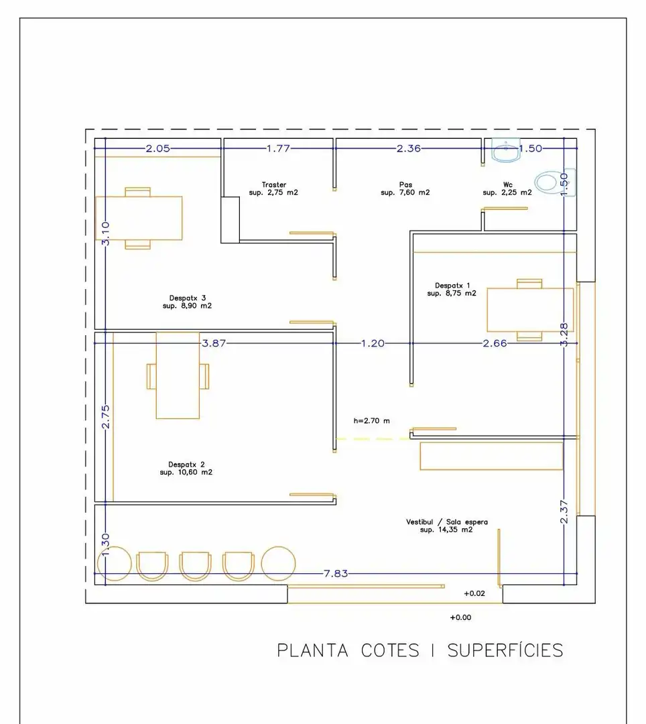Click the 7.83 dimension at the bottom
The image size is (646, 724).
pos(336,573)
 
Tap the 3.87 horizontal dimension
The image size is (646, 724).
pos(214,343)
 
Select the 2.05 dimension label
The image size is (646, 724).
pos(157,148)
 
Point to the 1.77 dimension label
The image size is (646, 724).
pos(278,148)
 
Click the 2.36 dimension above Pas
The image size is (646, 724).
pos(408,148)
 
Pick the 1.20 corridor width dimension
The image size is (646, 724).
pos(373,343)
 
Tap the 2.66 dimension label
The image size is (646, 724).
pos(495,343)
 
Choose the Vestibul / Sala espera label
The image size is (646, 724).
pos(447,526)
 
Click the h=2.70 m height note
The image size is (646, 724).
pos(371,420)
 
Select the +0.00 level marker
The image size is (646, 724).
pos(460,617)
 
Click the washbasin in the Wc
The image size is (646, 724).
pos(506,149)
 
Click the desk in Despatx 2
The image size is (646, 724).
pos(178,375)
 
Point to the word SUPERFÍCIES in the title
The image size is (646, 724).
pos(505,650)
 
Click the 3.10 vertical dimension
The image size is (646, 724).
pos(106,233)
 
